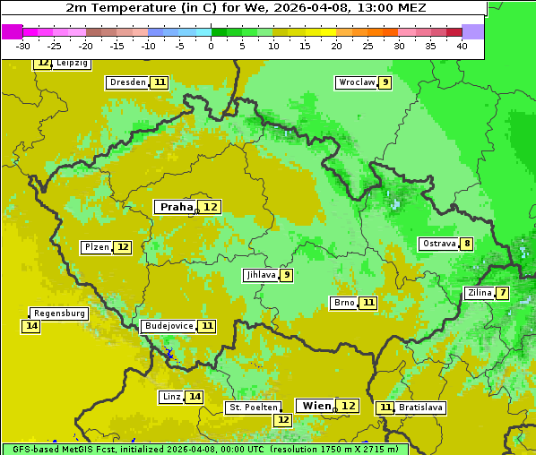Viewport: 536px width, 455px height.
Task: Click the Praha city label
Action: tap(176, 207)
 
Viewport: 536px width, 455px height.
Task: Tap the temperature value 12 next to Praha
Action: tap(210, 207)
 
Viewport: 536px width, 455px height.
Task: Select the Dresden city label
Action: tap(126, 82)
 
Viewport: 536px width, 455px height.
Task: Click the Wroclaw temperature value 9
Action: tap(385, 82)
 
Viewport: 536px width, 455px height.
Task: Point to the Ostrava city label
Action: tap(438, 244)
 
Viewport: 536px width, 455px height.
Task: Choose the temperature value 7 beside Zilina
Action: tap(503, 293)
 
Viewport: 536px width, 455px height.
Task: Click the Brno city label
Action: tap(343, 303)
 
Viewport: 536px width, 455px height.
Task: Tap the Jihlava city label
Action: tap(260, 275)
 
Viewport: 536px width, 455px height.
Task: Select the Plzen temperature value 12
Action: tap(123, 247)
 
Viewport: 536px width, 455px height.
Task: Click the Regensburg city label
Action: tap(59, 313)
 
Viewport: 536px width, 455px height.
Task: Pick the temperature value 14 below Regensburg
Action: tap(31, 326)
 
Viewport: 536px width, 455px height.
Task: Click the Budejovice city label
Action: tap(168, 326)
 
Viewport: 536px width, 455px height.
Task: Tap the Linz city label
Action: tap(170, 397)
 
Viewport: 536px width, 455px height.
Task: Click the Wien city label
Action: tap(316, 406)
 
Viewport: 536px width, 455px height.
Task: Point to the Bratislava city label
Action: tap(420, 408)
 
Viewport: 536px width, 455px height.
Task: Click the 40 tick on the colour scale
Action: tap(462, 46)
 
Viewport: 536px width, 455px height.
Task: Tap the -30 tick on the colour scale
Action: tap(23, 46)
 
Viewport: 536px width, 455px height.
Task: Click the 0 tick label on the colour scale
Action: tap(211, 46)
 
